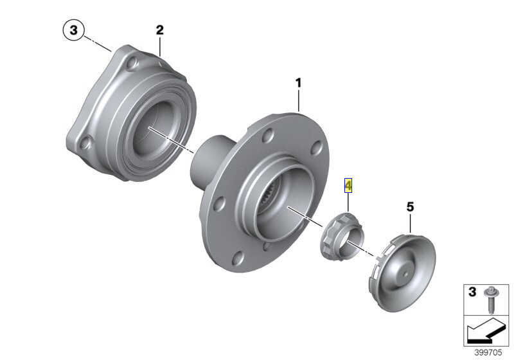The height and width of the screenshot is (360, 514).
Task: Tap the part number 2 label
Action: [x=160, y=30]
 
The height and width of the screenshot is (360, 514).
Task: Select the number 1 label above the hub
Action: [x=298, y=82]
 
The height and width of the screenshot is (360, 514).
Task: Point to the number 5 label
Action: [x=411, y=207]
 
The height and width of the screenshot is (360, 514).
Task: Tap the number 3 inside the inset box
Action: [x=472, y=292]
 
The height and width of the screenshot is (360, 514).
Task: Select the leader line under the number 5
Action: [x=411, y=223]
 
